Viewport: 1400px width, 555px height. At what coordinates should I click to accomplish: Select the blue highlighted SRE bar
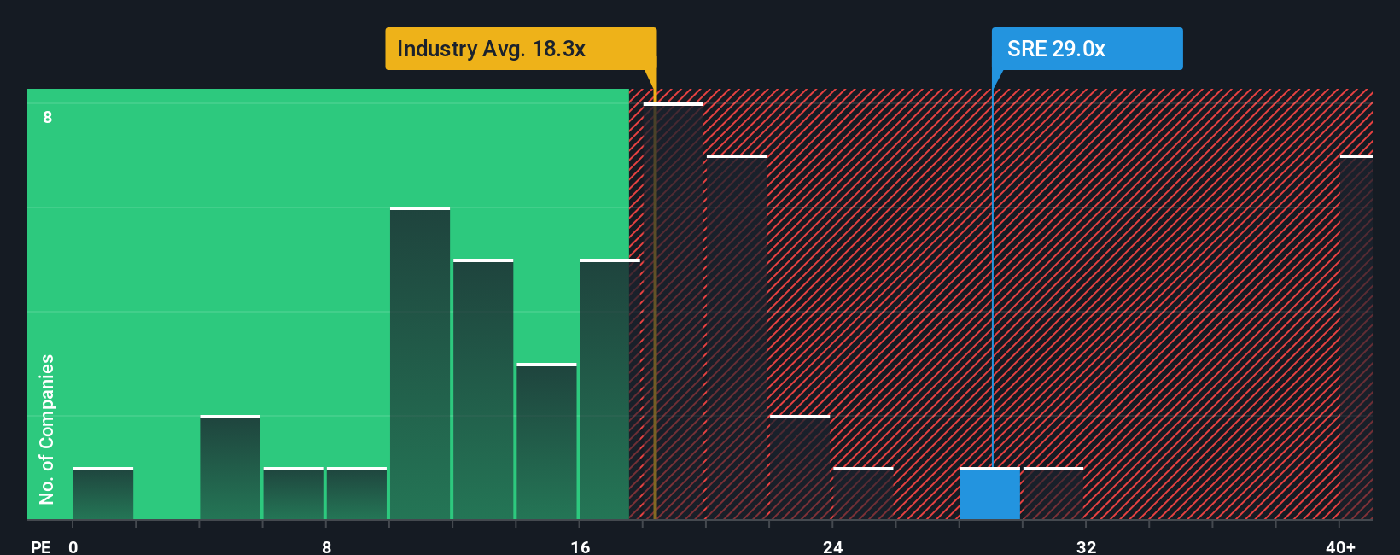pyautogui.click(x=989, y=494)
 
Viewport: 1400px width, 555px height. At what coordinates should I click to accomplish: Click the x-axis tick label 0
pyautogui.click(x=73, y=546)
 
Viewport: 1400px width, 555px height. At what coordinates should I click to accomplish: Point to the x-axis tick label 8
pyautogui.click(x=327, y=546)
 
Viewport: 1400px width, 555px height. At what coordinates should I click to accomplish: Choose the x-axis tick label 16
pyautogui.click(x=580, y=546)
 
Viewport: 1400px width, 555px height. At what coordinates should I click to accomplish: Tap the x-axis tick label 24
pyautogui.click(x=833, y=546)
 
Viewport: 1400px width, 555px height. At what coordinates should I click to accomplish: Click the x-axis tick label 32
pyautogui.click(x=1086, y=546)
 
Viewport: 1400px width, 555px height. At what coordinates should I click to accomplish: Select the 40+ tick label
pyautogui.click(x=1340, y=546)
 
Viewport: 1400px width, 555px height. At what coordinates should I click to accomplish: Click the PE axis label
pyautogui.click(x=41, y=546)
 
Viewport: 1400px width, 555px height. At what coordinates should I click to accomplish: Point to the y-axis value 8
pyautogui.click(x=48, y=117)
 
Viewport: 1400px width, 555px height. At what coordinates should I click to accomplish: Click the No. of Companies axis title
pyautogui.click(x=47, y=429)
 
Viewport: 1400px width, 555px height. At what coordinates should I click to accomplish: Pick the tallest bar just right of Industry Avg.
pyautogui.click(x=674, y=312)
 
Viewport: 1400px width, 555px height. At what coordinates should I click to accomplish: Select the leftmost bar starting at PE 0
pyautogui.click(x=103, y=494)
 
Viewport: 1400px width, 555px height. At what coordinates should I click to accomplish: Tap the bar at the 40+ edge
pyautogui.click(x=1356, y=337)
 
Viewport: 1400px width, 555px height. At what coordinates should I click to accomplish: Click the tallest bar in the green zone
pyautogui.click(x=420, y=364)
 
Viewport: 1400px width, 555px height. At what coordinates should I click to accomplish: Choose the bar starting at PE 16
pyautogui.click(x=610, y=389)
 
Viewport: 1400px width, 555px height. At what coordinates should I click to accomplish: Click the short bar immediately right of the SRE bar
pyautogui.click(x=1053, y=494)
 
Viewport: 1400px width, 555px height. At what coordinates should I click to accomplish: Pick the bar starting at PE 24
pyautogui.click(x=863, y=494)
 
